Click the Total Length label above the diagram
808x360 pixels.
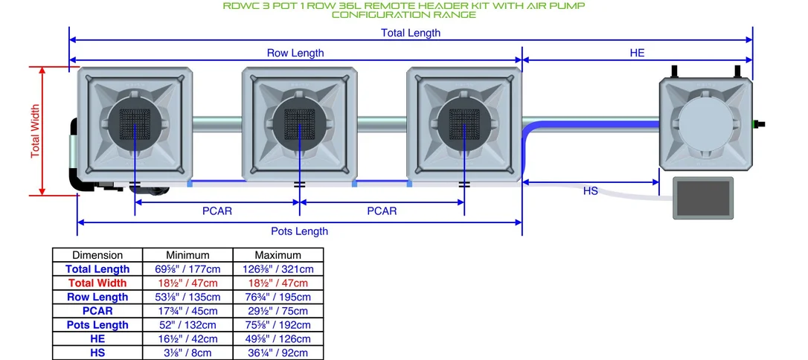(x=411, y=33)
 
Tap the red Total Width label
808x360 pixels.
(x=35, y=132)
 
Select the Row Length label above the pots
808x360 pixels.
(x=295, y=53)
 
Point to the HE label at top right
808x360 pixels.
(x=638, y=53)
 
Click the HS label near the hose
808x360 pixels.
(x=591, y=191)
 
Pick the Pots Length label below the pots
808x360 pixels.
(x=299, y=231)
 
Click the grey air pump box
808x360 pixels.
(x=703, y=199)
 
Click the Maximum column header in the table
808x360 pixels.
(x=278, y=255)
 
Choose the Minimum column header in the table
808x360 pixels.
(x=187, y=255)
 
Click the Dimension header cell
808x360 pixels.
(x=97, y=255)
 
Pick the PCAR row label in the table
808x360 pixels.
(x=97, y=311)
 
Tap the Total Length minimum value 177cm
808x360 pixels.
(x=187, y=269)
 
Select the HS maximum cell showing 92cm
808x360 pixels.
(x=278, y=353)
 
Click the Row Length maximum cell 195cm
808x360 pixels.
(x=278, y=298)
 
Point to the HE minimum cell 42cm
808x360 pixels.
(x=187, y=339)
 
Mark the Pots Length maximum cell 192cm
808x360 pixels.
(x=278, y=325)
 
